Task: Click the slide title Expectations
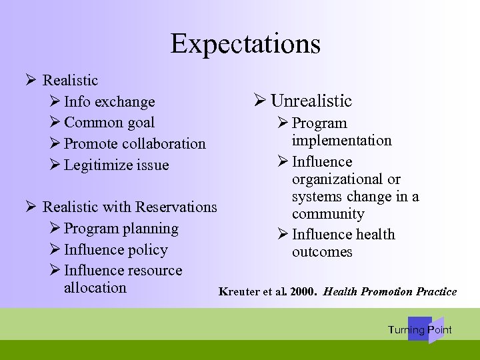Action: (x=245, y=44)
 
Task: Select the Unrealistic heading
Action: (x=311, y=101)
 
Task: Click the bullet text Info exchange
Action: (x=109, y=102)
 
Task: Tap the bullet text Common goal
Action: (x=109, y=123)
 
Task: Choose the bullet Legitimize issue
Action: (x=117, y=165)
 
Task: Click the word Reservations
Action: (x=176, y=207)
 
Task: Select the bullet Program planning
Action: (x=121, y=229)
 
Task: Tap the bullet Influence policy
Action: (x=116, y=250)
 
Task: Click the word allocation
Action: (x=95, y=288)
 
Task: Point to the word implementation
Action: (x=341, y=141)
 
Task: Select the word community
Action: (x=328, y=215)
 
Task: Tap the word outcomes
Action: (x=322, y=252)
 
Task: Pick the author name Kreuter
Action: (x=239, y=292)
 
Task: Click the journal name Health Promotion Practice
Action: (x=390, y=292)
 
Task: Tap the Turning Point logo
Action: (x=420, y=329)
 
